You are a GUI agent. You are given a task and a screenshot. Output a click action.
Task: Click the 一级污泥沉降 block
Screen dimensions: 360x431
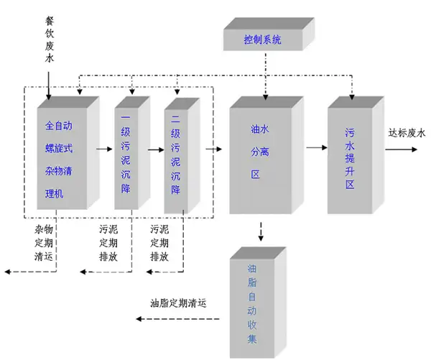tap(127, 154)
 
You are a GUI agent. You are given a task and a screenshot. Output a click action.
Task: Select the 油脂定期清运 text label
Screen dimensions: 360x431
tap(179, 303)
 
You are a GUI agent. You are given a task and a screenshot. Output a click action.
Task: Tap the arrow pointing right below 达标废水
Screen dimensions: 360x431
tap(402, 150)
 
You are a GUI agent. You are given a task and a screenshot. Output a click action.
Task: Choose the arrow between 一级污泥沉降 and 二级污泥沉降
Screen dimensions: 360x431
tap(155, 150)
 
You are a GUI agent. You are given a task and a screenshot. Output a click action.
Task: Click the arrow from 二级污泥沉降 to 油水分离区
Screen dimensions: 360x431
tap(213, 149)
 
